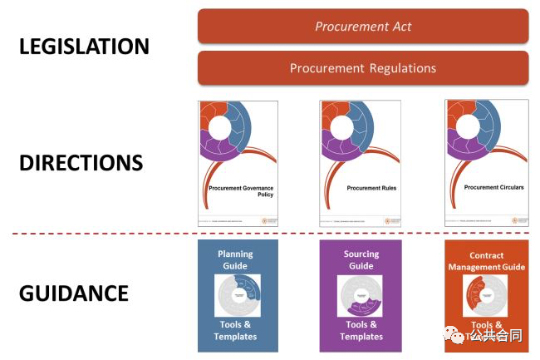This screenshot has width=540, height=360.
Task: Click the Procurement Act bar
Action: [363, 26]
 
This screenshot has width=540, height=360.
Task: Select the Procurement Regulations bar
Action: [363, 68]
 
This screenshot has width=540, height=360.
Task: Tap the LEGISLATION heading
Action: [84, 47]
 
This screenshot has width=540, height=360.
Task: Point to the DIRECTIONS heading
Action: [81, 162]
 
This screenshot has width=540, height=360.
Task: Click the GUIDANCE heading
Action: [75, 293]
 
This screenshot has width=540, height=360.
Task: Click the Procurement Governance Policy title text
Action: [240, 191]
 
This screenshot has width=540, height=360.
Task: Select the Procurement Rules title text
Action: [371, 188]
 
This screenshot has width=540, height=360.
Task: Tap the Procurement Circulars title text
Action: [493, 188]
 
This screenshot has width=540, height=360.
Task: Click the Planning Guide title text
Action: [235, 259]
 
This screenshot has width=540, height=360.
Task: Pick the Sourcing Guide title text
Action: [361, 259]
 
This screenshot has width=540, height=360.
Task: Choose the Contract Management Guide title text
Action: [486, 262]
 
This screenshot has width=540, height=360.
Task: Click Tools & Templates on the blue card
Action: [235, 330]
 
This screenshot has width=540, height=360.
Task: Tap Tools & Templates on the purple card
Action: [361, 330]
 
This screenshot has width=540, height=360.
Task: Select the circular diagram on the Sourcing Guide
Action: [361, 295]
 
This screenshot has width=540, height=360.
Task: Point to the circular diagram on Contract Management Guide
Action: [486, 295]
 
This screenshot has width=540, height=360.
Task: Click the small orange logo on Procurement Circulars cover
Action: [515, 220]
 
